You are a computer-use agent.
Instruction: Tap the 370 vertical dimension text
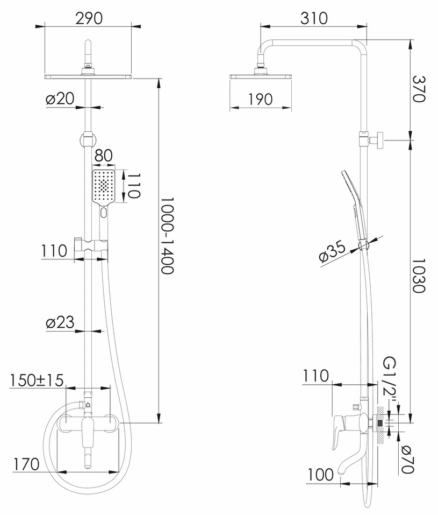[x=419, y=89]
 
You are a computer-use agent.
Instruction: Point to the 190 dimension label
[x=260, y=99]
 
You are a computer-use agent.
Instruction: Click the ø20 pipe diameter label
[x=60, y=98]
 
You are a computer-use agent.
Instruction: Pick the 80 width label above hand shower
[x=103, y=156]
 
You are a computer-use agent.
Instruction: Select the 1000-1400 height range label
[x=167, y=235]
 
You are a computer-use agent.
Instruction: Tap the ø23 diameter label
[x=60, y=322]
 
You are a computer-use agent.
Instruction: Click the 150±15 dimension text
[x=37, y=380]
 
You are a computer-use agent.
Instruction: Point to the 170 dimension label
[x=26, y=464]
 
